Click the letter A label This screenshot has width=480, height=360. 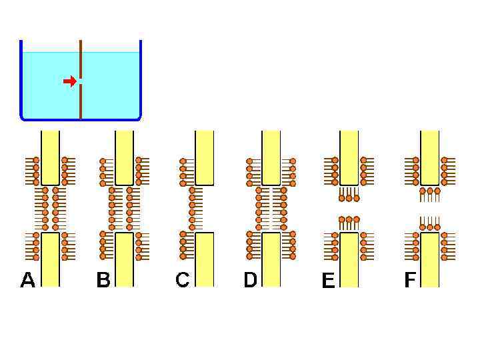27,280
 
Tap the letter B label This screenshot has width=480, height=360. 103,280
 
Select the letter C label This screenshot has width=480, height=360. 182,280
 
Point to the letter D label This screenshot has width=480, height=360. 250,280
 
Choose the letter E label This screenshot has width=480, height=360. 328,281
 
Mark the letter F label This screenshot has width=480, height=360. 409,280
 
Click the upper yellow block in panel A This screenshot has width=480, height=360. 50,157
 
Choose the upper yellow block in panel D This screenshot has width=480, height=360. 271,157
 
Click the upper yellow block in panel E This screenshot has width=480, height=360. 349,157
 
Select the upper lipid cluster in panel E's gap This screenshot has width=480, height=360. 349,195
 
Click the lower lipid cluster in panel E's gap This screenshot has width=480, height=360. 349,223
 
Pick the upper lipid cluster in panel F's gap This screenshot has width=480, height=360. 430,194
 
